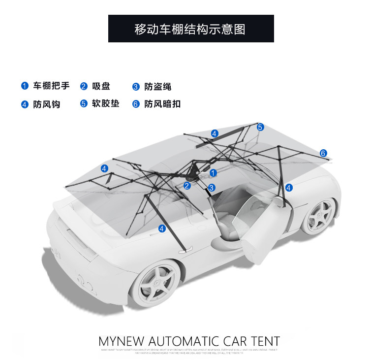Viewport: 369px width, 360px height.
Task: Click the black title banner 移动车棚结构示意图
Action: coord(191,29)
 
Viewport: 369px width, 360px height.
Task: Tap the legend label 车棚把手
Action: coord(51,86)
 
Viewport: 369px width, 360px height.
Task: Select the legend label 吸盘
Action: coord(101,86)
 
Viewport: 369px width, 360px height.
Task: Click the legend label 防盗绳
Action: coord(158,87)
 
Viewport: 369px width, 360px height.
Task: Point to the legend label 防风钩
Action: coord(47,104)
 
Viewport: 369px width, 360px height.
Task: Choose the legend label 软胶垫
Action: coord(106,103)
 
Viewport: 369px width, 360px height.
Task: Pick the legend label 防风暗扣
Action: coord(162,104)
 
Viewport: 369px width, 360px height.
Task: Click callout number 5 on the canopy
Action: coord(260,127)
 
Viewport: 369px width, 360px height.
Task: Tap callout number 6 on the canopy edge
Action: coord(323,153)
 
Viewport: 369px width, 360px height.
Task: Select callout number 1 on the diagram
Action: coord(213,173)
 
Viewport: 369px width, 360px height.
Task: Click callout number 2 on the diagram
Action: coord(187,186)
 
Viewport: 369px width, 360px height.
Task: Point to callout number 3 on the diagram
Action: coord(212,188)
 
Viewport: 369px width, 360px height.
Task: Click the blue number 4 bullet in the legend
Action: coord(25,104)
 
